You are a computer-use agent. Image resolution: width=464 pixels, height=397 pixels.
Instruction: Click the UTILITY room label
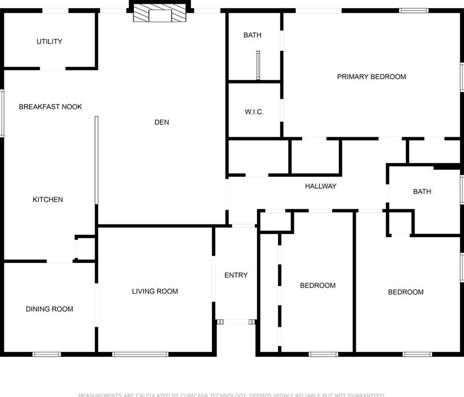[49, 42]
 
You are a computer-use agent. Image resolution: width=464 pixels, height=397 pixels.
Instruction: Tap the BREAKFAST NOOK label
[51, 107]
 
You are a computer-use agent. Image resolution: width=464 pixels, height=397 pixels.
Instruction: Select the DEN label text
[162, 122]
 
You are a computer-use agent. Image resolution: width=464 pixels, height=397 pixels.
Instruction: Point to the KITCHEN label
[48, 199]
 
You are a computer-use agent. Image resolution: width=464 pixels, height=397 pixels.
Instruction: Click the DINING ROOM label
[49, 309]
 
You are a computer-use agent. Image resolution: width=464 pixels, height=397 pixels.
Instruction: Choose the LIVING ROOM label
[155, 292]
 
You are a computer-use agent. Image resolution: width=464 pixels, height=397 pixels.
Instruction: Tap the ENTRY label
[236, 275]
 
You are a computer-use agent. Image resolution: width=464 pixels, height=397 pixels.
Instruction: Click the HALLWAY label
[321, 186]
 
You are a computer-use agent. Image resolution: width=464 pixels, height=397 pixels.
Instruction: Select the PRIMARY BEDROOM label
[372, 77]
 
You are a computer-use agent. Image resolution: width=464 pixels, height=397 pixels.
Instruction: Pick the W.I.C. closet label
[254, 112]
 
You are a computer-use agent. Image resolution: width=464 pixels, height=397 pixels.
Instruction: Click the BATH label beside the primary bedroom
[253, 35]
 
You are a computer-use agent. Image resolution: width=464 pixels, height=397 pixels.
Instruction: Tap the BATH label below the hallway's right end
[422, 192]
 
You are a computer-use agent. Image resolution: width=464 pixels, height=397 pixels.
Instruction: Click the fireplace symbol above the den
[160, 15]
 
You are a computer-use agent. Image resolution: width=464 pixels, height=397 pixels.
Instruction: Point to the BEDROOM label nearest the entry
[318, 286]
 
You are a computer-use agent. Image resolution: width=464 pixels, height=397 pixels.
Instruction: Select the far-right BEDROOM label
[406, 292]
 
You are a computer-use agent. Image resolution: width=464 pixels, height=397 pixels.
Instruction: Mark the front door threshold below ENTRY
[236, 322]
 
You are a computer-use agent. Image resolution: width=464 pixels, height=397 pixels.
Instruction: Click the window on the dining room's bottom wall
[47, 354]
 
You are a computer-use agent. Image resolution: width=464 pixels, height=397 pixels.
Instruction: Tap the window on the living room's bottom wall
[133, 354]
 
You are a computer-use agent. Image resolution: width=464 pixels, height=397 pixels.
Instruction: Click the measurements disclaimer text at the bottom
[232, 395]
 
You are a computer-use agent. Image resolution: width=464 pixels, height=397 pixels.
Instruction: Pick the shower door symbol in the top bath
[258, 65]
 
